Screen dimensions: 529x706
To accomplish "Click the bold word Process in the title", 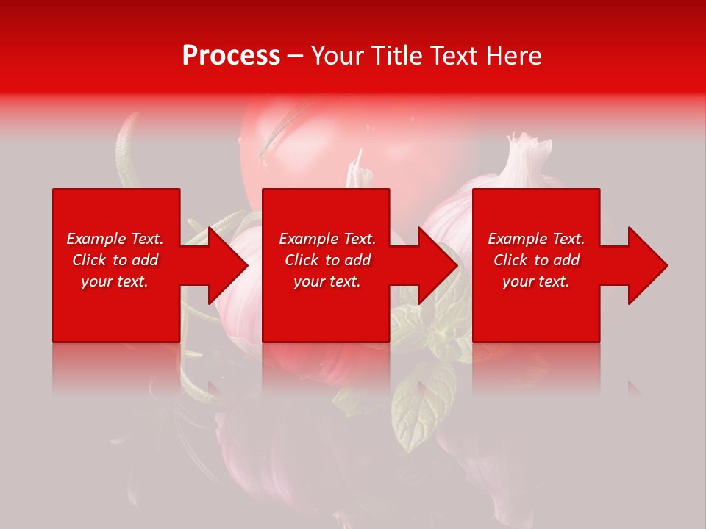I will click(231, 56).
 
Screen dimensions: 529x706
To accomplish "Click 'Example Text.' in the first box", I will click(115, 239).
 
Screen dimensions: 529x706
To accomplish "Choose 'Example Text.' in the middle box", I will click(327, 239).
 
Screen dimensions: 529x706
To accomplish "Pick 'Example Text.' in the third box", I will click(536, 239).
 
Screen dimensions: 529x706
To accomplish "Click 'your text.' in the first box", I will click(115, 281).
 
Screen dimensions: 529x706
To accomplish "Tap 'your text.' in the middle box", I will click(327, 281).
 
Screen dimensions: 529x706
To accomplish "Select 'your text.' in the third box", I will click(536, 281).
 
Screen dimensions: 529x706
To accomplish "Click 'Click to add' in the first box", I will click(115, 260).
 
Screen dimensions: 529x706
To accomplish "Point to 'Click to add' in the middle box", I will click(327, 260).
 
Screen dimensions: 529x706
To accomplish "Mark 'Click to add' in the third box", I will click(536, 260).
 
